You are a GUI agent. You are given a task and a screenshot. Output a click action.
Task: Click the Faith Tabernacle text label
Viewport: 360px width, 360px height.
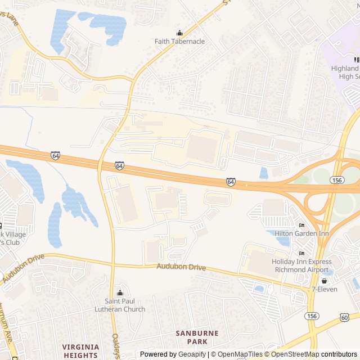tap(179, 42)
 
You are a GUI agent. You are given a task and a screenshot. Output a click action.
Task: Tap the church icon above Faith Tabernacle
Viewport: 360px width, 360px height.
tap(179, 33)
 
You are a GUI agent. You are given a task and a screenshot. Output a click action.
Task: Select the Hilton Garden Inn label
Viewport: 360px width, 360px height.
tap(301, 233)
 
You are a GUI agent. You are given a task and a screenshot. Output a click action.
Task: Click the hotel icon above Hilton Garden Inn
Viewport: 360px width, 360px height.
tap(301, 225)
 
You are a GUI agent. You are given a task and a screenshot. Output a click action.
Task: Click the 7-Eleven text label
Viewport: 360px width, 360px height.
tap(324, 289)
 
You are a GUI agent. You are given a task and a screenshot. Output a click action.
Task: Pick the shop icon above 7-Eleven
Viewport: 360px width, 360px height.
tap(324, 281)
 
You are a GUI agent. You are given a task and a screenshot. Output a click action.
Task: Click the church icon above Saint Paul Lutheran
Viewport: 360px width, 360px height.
tap(119, 292)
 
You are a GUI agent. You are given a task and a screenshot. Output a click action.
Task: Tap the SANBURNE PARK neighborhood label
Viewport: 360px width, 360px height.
tap(196, 337)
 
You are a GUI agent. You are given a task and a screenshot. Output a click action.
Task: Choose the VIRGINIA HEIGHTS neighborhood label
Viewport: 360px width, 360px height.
tap(80, 351)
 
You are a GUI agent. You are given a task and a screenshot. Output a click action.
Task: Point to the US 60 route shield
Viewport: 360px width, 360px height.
tap(344, 318)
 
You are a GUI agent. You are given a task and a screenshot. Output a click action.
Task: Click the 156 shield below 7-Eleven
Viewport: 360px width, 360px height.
tap(312, 316)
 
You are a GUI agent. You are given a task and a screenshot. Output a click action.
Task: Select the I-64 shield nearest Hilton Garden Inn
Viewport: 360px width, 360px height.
tap(231, 182)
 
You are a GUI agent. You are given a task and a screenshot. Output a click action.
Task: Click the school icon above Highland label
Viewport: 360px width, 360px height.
tap(357, 60)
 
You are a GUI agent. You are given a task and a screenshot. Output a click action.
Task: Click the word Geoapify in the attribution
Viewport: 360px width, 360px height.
tap(192, 354)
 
